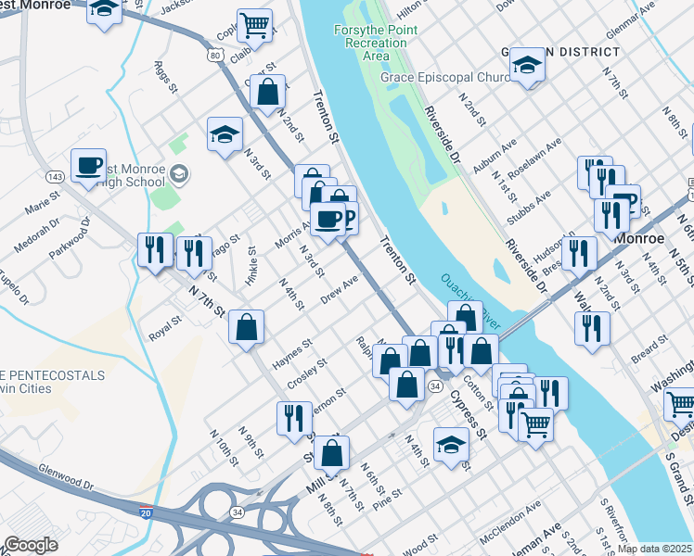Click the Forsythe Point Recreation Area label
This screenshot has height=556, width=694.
pos(375,43)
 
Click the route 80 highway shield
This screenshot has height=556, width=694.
pos(216,57)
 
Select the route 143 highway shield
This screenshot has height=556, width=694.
pos(55,176)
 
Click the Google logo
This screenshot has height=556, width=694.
pos(32,545)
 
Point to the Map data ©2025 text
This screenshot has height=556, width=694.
pos(654,549)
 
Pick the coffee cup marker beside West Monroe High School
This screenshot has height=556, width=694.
pos(88,166)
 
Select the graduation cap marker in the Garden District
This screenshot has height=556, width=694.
pos(527,65)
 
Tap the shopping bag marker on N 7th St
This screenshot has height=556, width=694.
pos(246,327)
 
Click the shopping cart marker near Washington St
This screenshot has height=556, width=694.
pos(681,404)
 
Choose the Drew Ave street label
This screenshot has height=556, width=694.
pos(339,288)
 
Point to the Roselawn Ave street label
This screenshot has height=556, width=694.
pos(534,158)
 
